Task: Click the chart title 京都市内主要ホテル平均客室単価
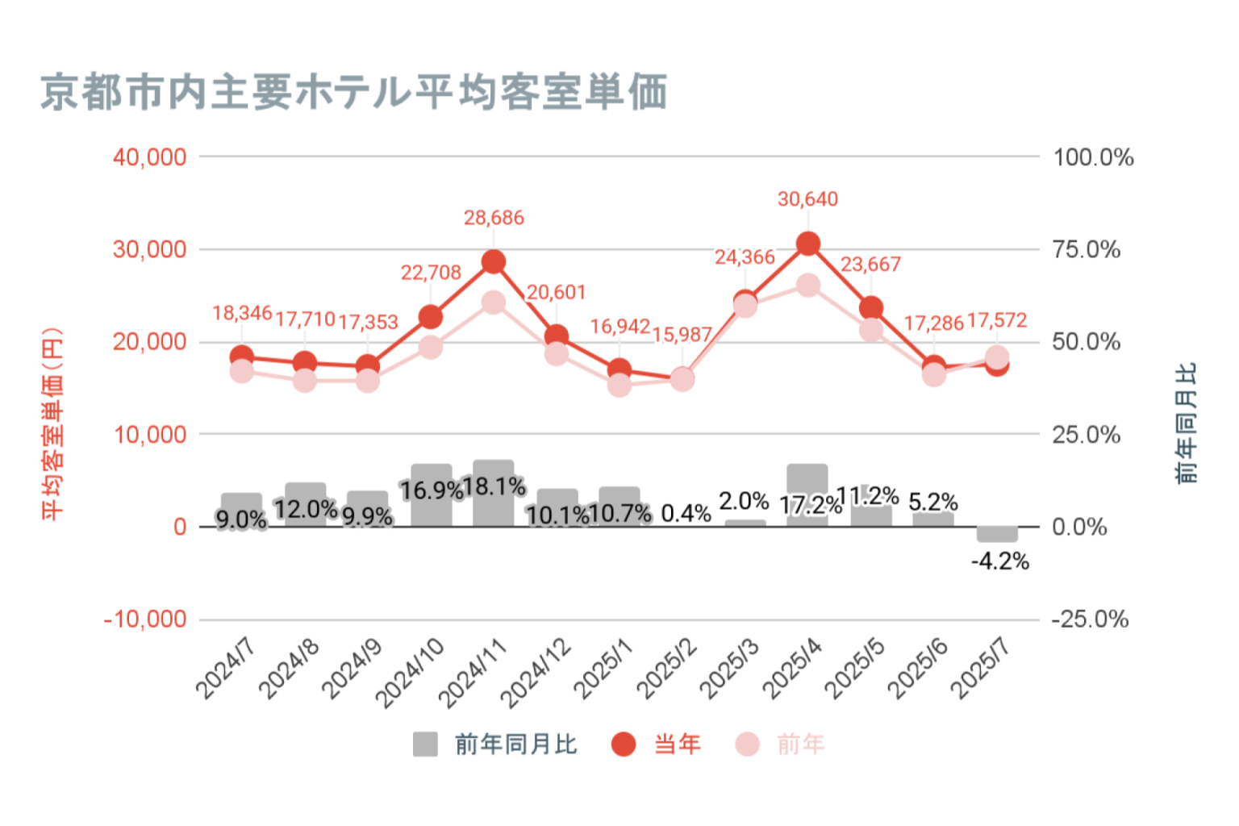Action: point(353,91)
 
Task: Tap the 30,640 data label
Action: point(807,199)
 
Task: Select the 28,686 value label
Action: point(494,218)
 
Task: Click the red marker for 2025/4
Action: point(808,244)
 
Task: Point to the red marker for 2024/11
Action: point(494,261)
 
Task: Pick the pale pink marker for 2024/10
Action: point(431,348)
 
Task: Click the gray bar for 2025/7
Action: point(997,534)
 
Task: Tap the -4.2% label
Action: point(1000,561)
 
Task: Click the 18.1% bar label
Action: point(494,486)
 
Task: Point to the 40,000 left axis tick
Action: point(150,157)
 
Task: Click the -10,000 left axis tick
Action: point(145,619)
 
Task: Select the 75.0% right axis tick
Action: point(1087,250)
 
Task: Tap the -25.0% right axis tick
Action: point(1090,619)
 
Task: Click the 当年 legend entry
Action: point(677,744)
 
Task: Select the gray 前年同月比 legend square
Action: point(425,744)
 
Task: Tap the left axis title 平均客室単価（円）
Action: point(52,423)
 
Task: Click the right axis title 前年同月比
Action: point(1187,423)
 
